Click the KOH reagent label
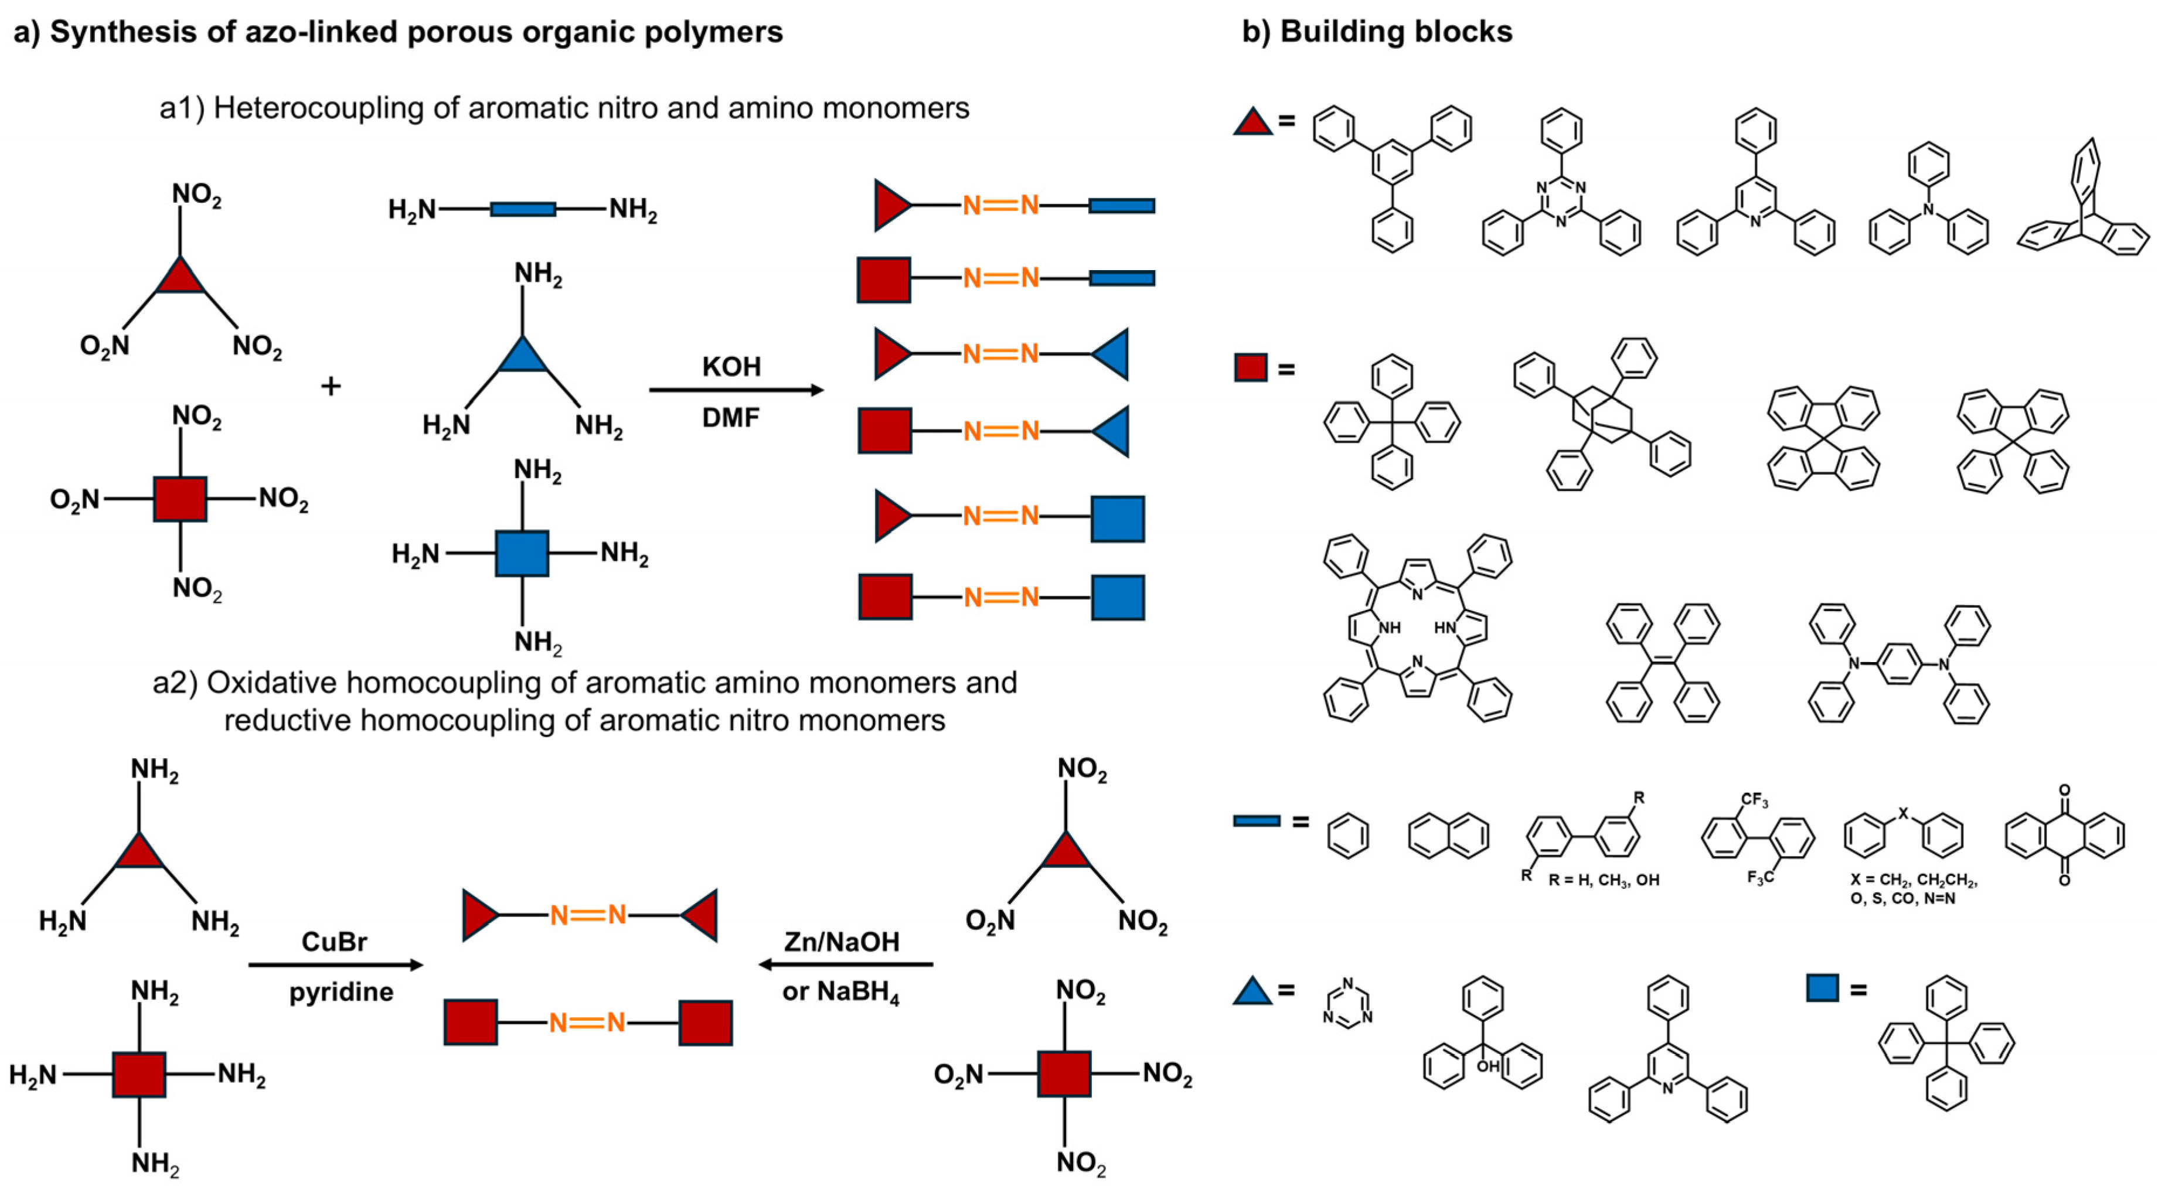tap(731, 367)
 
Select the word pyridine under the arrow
tap(341, 993)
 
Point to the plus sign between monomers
tap(331, 387)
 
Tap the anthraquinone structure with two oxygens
tap(2064, 836)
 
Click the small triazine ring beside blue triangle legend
tap(1347, 1002)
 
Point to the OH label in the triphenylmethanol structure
tap(1487, 1066)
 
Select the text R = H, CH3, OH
tap(1603, 881)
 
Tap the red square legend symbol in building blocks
tap(1251, 367)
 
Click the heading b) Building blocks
tap(1377, 32)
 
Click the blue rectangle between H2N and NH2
tap(522, 209)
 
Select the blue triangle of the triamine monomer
tap(522, 357)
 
